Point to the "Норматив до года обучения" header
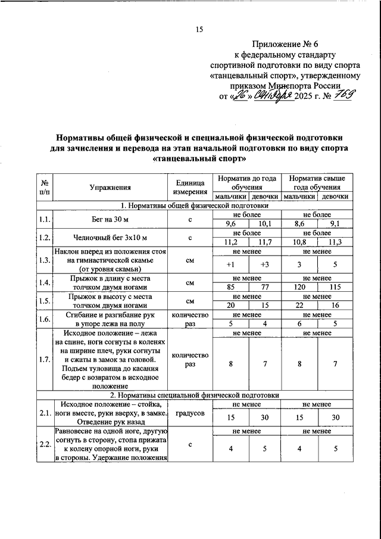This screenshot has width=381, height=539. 246,182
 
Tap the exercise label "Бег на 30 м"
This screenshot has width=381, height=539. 108,219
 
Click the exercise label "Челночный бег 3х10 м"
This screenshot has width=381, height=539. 108,238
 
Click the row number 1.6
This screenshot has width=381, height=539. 44,319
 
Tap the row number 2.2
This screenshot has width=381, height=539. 44,444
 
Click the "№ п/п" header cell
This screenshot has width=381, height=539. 44,186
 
